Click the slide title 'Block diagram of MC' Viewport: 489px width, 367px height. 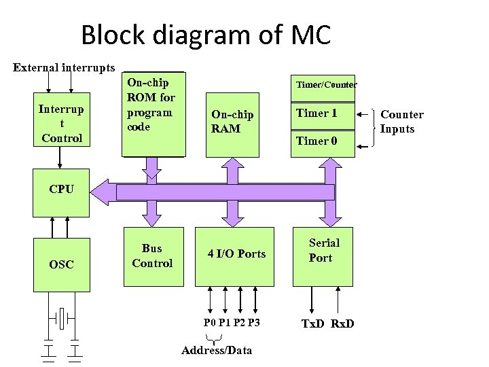tap(205, 35)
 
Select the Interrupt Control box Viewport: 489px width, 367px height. tap(61, 123)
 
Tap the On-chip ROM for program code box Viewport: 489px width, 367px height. tap(153, 113)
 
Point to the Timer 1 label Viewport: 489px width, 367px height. tap(316, 113)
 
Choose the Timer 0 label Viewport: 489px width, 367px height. tap(316, 141)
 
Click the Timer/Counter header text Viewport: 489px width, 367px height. tap(325, 84)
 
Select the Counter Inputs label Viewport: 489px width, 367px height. tap(401, 121)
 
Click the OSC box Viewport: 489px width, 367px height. tap(61, 263)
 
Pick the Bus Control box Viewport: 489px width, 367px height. tap(153, 256)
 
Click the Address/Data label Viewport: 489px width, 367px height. tap(217, 351)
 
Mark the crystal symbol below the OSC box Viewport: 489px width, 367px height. tap(62, 316)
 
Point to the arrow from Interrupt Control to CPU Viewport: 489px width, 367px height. tap(61, 158)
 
